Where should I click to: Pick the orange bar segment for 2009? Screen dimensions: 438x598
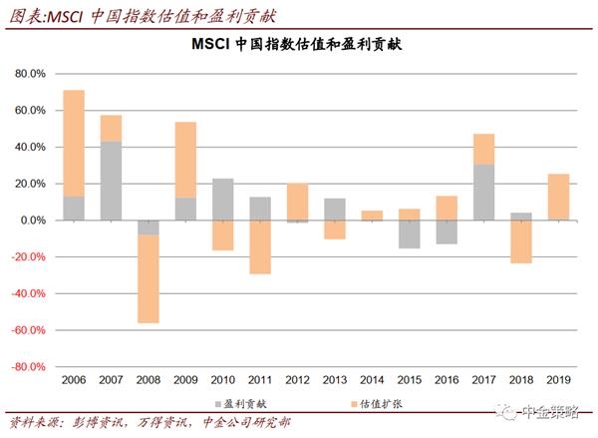(x=185, y=160)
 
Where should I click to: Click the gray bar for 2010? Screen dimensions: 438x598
(x=222, y=200)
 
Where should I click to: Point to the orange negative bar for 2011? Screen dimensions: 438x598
(x=259, y=246)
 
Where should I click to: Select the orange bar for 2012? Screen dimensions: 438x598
(x=297, y=202)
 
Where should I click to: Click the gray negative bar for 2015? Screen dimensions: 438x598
(x=409, y=233)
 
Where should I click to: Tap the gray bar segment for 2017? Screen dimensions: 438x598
(x=483, y=192)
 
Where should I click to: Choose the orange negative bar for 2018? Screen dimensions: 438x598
(x=520, y=241)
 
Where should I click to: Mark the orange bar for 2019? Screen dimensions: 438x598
(x=558, y=197)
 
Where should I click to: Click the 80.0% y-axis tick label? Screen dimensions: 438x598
(x=30, y=74)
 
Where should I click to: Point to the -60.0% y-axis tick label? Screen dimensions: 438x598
(x=28, y=330)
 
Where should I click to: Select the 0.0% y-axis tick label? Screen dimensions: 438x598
(x=32, y=219)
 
